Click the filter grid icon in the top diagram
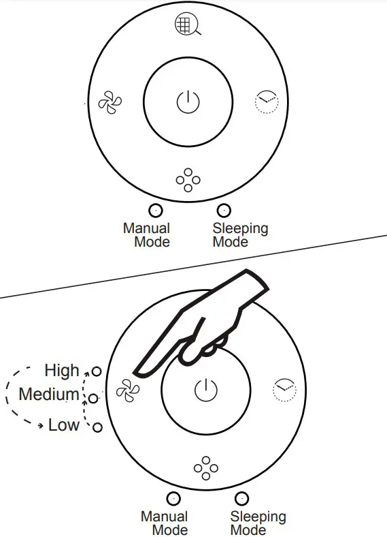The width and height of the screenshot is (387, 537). tap(187, 25)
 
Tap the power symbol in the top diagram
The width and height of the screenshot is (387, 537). tap(188, 102)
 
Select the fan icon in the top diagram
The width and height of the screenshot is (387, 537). tap(110, 102)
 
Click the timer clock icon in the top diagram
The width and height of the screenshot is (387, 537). tap(267, 102)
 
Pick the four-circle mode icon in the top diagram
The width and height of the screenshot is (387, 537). tap(188, 180)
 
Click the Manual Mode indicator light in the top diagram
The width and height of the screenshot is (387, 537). tap(156, 211)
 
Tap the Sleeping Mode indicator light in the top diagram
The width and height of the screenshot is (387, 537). tap(224, 211)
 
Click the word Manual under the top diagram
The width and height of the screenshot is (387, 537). tap(146, 228)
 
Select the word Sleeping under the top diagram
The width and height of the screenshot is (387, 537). tap(240, 229)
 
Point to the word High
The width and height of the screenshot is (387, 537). tap(62, 371)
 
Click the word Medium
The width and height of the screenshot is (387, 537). tap(49, 394)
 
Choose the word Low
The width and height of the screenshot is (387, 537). tap(64, 425)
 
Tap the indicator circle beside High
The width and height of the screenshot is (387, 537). tap(97, 371)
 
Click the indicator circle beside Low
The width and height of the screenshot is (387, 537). tap(98, 427)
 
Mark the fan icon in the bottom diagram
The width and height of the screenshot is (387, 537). tap(128, 390)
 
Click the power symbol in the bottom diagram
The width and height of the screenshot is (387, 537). tap(206, 390)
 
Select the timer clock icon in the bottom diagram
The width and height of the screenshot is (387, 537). tap(284, 390)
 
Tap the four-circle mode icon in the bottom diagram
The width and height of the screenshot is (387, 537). tap(206, 467)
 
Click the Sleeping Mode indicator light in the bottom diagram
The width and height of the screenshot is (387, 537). tap(241, 499)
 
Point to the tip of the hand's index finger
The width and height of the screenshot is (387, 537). tap(134, 372)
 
